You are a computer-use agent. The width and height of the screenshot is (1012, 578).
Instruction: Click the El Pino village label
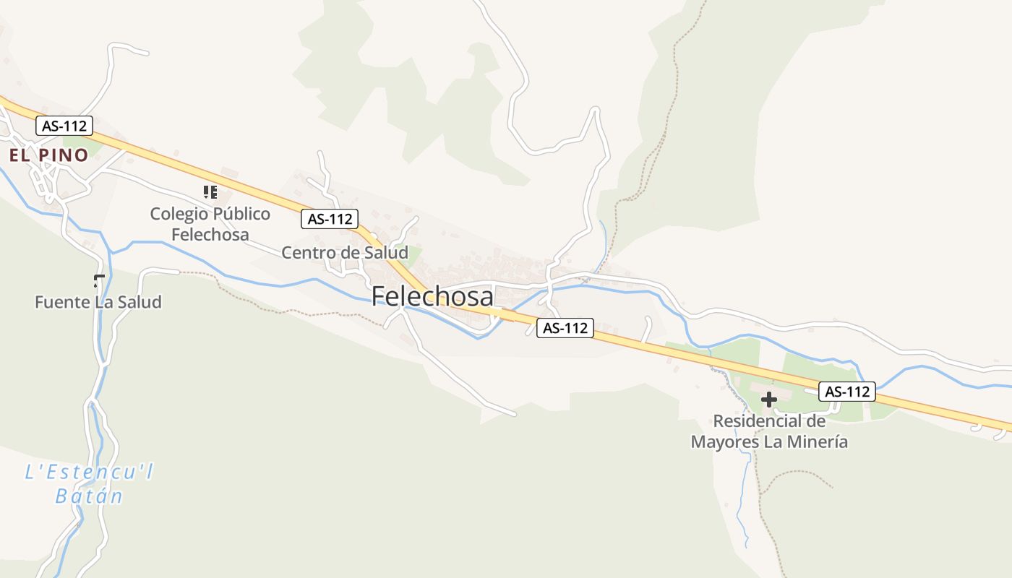click(48, 155)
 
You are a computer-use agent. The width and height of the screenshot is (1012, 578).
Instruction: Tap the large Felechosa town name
click(432, 297)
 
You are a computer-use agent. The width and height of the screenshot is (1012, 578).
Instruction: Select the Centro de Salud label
click(344, 253)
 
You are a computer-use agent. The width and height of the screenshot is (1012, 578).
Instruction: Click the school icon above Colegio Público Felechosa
click(210, 192)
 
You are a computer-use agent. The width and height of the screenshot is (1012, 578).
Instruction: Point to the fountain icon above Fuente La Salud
click(99, 281)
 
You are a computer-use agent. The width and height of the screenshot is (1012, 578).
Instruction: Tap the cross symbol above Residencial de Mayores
click(769, 399)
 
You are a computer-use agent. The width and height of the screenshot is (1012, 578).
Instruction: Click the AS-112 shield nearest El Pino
click(64, 126)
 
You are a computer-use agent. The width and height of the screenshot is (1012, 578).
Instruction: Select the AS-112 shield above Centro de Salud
click(330, 219)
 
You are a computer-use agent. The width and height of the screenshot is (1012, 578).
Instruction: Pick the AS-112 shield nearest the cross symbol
click(847, 392)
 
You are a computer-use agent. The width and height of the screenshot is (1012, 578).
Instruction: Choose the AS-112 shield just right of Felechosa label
click(565, 328)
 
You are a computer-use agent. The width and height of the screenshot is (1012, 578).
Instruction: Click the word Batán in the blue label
click(89, 496)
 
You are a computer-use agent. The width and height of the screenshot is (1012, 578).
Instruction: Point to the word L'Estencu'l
click(89, 473)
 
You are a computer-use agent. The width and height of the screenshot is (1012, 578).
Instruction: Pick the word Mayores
click(724, 441)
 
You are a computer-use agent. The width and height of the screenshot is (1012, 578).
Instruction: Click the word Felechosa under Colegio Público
click(210, 235)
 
